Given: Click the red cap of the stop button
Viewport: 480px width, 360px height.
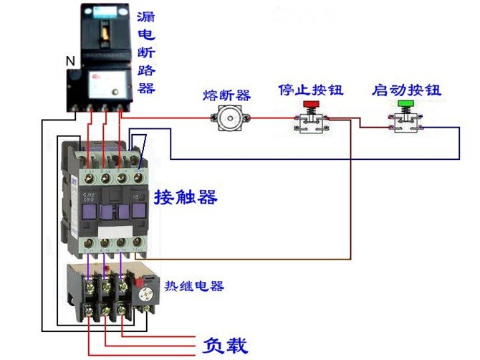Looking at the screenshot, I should click(x=311, y=105).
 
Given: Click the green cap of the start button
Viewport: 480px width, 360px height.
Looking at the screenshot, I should click(x=405, y=105).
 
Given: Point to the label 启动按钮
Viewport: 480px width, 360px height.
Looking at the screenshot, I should click(x=406, y=90).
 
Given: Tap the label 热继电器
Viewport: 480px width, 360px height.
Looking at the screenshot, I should click(x=194, y=286).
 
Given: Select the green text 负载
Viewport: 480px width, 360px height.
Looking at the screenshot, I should click(x=226, y=346).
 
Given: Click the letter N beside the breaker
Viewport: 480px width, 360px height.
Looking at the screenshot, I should click(x=69, y=62).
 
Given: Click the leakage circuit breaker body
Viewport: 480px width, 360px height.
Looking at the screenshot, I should click(x=102, y=57).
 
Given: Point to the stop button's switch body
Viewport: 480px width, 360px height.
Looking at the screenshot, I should click(x=311, y=123).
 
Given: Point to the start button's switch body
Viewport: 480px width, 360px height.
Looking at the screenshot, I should click(x=405, y=123).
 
